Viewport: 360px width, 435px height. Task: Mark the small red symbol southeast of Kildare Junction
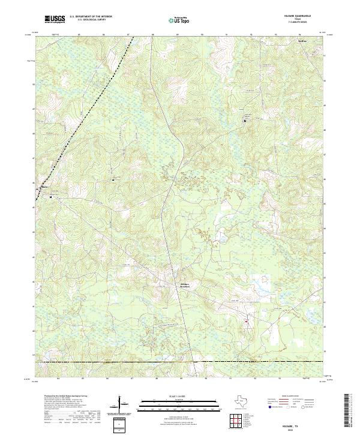[x=246, y=322]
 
